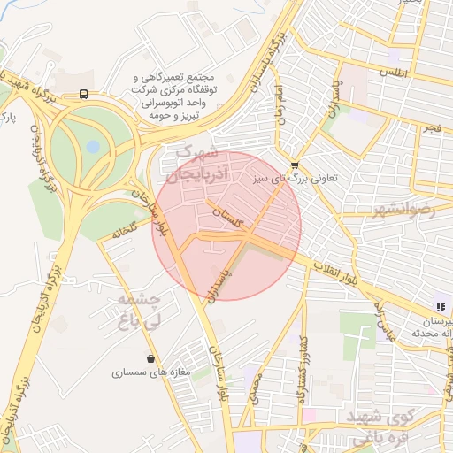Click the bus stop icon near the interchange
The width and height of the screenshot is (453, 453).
click(83, 94)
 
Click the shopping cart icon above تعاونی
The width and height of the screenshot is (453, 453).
click(294, 164)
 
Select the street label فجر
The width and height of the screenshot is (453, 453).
click(432, 129)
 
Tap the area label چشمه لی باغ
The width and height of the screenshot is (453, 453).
click(139, 310)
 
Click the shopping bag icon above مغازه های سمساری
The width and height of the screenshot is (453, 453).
click(152, 358)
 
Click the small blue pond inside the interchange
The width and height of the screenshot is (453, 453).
click(93, 147)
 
